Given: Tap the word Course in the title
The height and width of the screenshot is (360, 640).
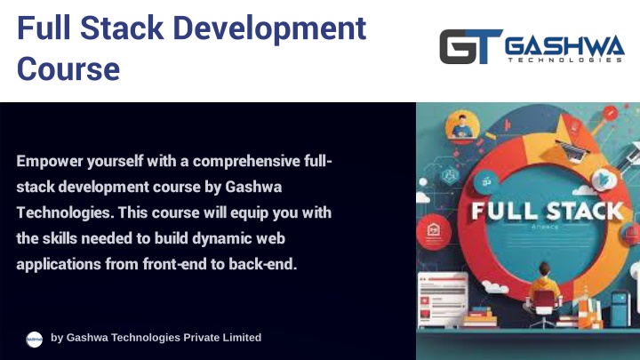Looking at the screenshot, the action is pos(68,68).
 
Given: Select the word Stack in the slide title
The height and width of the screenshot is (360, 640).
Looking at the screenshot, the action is pos(122,28).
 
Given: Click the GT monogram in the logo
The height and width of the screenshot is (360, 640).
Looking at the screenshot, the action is pos(470,46).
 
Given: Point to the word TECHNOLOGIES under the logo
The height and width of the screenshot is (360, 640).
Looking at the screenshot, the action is pos(565,60).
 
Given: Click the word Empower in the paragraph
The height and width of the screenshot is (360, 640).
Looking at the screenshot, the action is pos(50,162).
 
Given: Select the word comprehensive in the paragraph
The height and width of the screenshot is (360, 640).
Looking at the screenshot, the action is pos(246,162).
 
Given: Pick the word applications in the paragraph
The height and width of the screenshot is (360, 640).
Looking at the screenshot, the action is pos(59,265).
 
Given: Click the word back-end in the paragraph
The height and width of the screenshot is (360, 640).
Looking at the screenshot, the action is pos(262,264).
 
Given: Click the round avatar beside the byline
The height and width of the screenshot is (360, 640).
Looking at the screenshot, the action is pos(35,340).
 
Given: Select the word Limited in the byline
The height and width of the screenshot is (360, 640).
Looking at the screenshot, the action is pos(240,338).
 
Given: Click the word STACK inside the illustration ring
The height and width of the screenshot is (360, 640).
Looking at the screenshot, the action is pos(585,212).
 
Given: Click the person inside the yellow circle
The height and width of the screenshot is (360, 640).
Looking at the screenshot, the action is pos(462,127).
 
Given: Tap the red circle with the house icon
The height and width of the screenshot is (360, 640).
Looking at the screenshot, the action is pos(434,231).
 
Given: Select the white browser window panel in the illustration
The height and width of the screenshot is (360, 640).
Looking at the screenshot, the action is pos(443,300).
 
